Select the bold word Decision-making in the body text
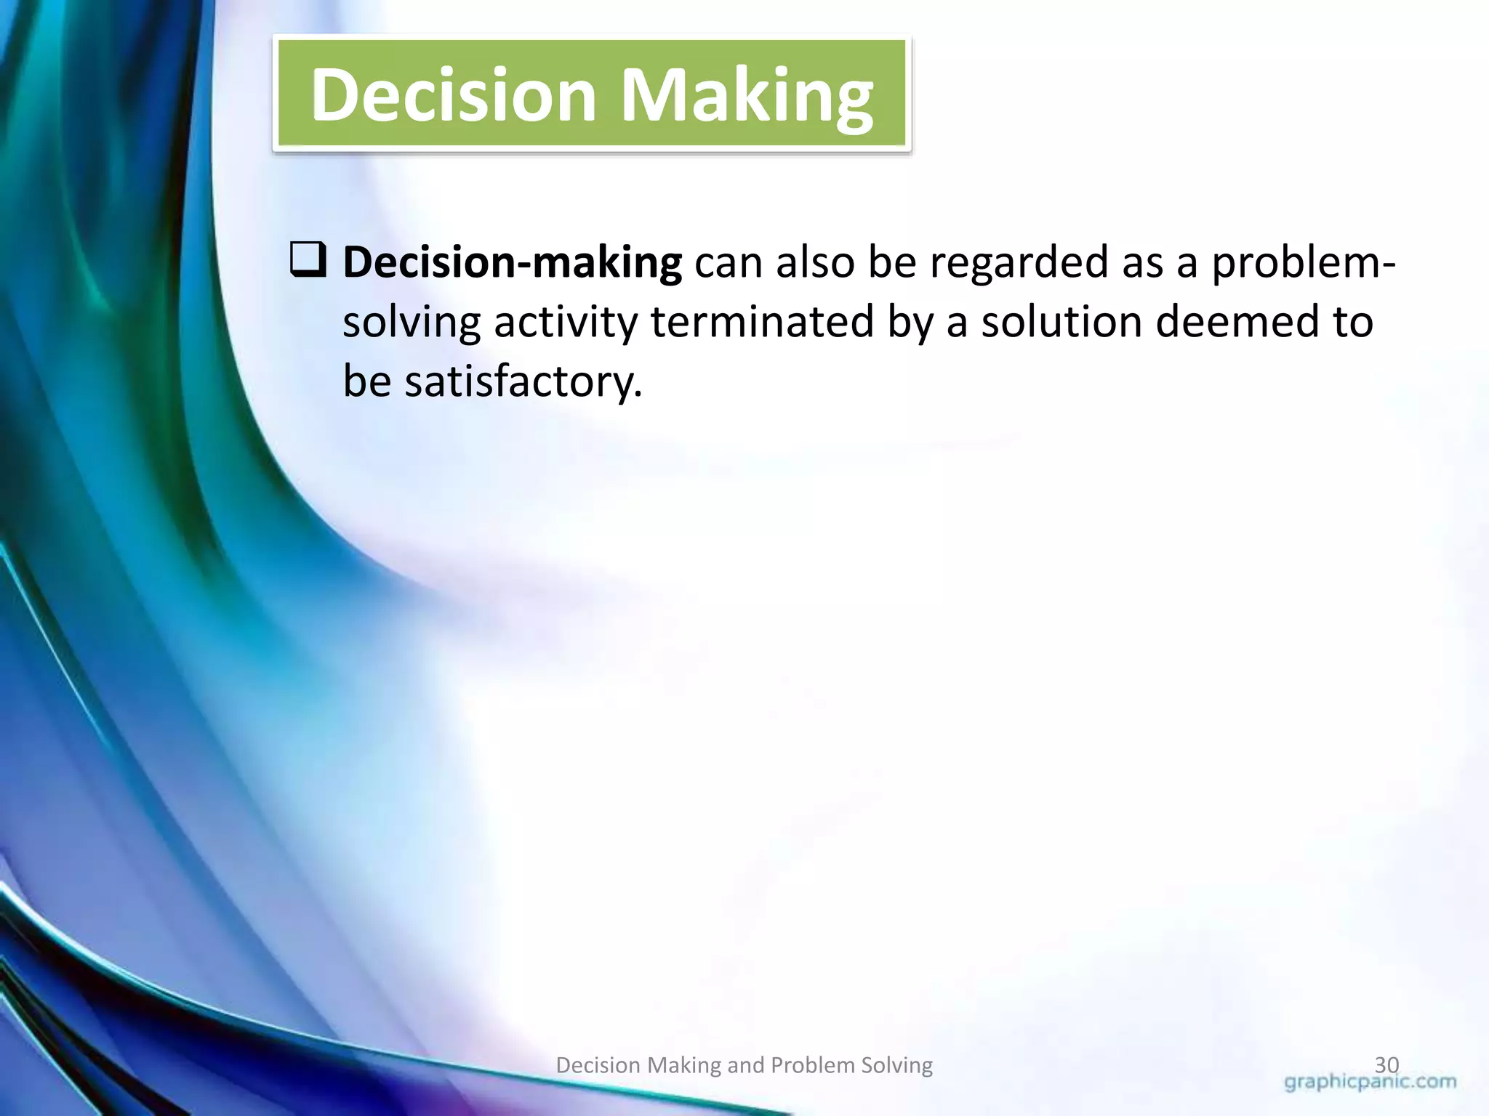[x=512, y=263]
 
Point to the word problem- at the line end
[x=1302, y=263]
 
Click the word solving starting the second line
[x=412, y=323]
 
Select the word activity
[x=565, y=323]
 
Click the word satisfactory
[x=523, y=381]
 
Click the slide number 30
[x=1386, y=1065]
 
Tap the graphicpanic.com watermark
[x=1370, y=1083]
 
